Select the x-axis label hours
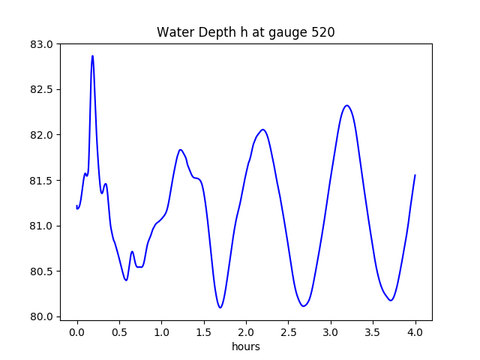(246, 347)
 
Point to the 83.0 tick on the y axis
(41, 44)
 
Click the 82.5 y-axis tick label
(41, 89)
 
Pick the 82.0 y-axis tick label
(41, 135)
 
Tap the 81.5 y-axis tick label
(41, 181)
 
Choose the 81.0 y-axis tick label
(41, 226)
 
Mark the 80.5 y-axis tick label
(41, 271)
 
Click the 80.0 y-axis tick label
(41, 316)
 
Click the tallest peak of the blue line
(92, 55)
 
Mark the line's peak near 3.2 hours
(347, 105)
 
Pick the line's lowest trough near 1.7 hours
(220, 307)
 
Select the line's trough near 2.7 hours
(304, 306)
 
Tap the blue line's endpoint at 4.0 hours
(415, 175)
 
